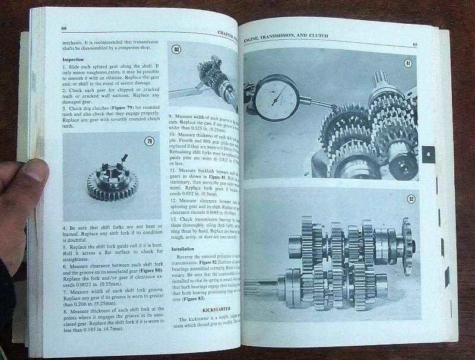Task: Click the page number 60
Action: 64,29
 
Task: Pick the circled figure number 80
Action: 176,49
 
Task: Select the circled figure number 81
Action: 407,63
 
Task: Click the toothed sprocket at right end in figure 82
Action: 407,245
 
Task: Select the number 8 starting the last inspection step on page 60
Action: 64,311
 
